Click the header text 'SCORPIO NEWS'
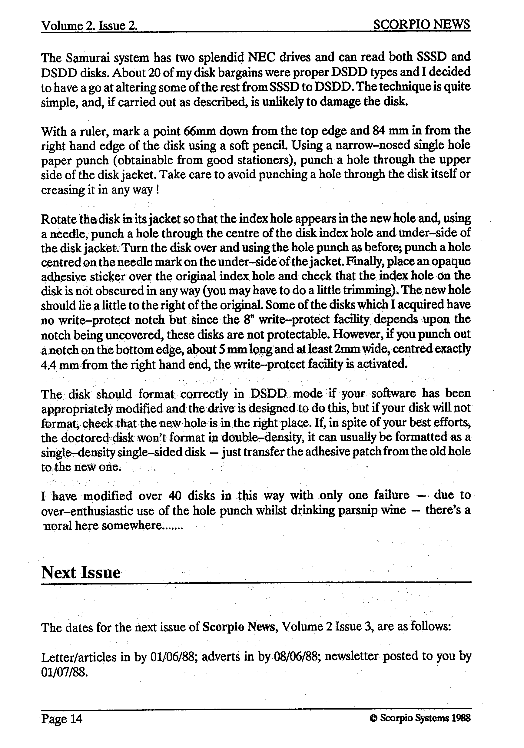tap(421, 25)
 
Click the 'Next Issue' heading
tap(81, 572)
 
